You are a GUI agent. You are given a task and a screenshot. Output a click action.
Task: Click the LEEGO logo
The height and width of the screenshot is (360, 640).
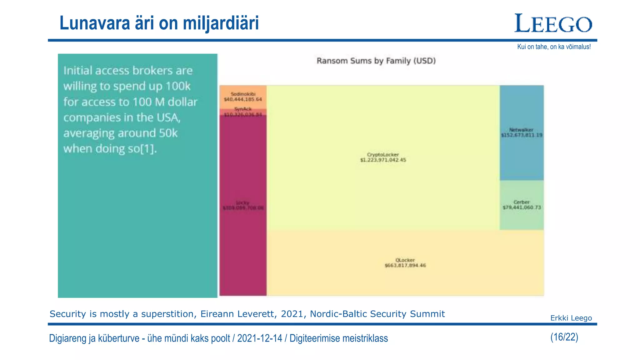[x=553, y=23]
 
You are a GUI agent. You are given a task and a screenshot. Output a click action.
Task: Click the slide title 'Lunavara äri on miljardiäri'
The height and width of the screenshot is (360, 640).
[x=159, y=23]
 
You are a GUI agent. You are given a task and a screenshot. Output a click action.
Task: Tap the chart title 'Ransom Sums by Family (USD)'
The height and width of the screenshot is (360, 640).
[x=376, y=61]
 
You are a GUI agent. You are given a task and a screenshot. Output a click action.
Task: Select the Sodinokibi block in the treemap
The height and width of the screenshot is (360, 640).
[x=243, y=97]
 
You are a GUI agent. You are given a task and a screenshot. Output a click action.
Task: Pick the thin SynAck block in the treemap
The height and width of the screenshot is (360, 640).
[x=243, y=112]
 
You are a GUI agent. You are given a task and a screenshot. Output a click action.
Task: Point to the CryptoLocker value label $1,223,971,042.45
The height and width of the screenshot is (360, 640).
[x=383, y=160]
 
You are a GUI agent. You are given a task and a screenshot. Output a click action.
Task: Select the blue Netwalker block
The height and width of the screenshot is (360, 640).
[x=522, y=132]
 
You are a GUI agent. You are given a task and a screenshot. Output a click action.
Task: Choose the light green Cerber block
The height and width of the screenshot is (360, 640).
[x=522, y=205]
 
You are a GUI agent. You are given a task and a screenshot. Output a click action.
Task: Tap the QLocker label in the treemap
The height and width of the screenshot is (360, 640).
[x=405, y=260]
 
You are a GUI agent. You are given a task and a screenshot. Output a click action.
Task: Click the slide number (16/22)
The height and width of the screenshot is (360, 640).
[x=564, y=337]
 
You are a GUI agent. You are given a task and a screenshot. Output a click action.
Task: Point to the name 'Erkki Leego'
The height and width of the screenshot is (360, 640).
[x=571, y=318]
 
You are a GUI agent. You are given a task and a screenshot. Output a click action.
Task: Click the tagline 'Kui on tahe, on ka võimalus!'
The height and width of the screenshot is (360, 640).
[x=554, y=47]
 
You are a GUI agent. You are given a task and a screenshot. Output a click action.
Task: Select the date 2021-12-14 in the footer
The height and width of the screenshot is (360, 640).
[x=259, y=338]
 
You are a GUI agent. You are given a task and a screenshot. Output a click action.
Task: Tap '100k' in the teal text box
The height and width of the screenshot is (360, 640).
[x=177, y=86]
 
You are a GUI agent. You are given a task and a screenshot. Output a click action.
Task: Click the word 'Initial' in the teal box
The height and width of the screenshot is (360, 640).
[x=78, y=71]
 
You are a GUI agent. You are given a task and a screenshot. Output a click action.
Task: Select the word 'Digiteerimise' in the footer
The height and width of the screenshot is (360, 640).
[x=315, y=338]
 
